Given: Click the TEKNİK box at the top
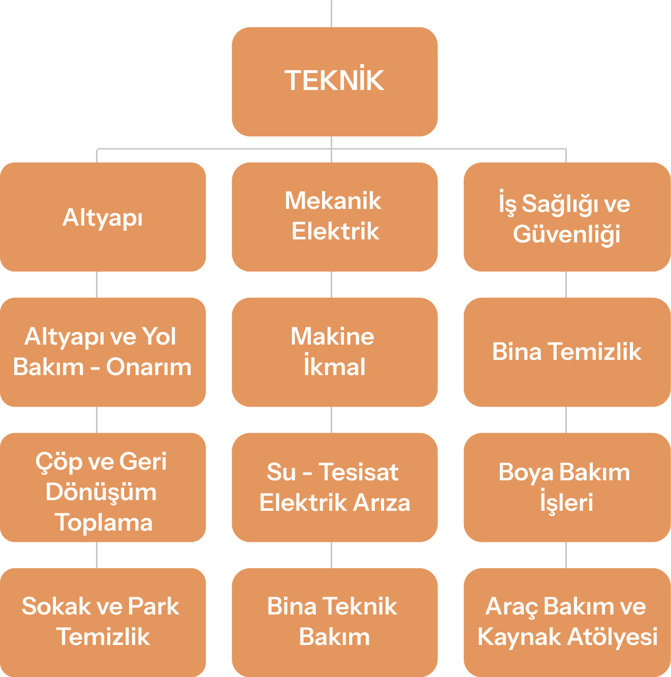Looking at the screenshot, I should (x=334, y=81).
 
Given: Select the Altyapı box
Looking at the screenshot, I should (x=103, y=217).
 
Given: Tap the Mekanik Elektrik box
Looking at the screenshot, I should (x=334, y=217).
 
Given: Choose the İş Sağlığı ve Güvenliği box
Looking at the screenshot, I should (x=566, y=217).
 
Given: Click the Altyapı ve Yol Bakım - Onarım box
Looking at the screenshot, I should (x=103, y=352).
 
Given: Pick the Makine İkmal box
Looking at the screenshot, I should (x=334, y=352).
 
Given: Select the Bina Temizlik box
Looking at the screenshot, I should (x=566, y=352).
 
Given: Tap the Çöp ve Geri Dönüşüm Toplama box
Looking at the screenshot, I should (x=103, y=487).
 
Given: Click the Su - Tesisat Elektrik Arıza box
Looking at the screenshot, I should (x=334, y=487).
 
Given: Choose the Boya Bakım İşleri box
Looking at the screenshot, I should (x=566, y=487).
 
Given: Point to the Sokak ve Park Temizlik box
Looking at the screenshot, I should (x=103, y=622).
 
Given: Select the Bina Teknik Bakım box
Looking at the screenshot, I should (x=334, y=622).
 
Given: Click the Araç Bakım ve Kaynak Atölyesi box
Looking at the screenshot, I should (x=566, y=622).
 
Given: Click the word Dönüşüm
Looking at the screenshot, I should (x=101, y=493).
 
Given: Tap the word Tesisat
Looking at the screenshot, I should (x=359, y=472).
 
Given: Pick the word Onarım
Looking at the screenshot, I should (x=149, y=367).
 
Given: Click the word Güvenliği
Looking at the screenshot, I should (x=566, y=235).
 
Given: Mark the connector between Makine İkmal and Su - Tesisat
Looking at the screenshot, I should (x=332, y=420).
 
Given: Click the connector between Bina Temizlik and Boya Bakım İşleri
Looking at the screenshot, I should (x=566, y=420).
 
